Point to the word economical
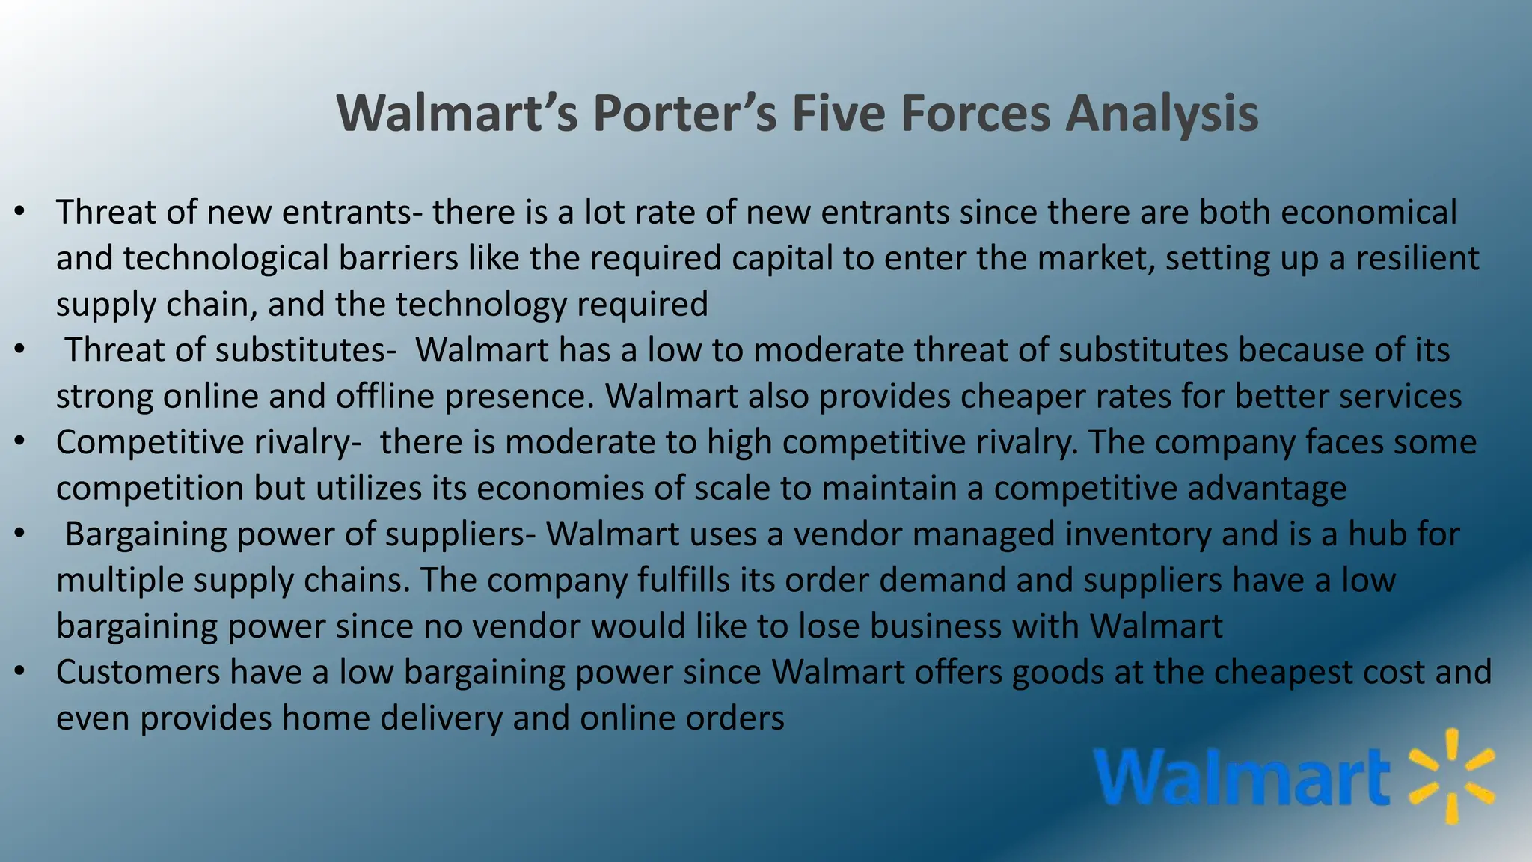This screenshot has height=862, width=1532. [1368, 212]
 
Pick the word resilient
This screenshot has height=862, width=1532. [1418, 258]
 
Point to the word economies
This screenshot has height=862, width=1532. [561, 488]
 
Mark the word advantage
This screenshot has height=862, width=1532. [1266, 488]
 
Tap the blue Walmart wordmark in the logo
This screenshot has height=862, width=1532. [1242, 778]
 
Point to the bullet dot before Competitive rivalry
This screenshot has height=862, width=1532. [20, 441]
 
